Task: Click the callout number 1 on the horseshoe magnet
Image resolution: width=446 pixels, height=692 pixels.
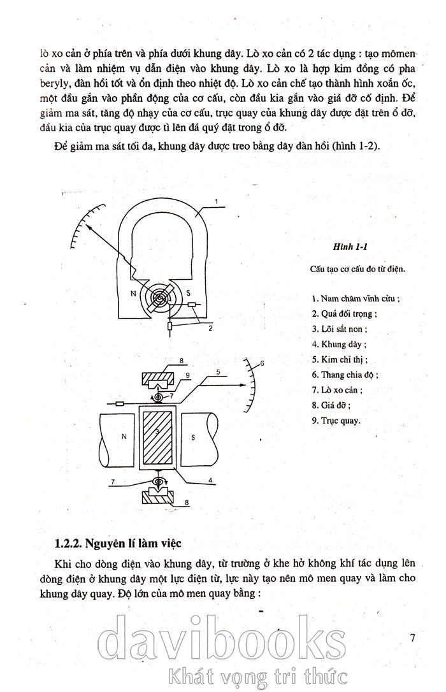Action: pos(217,202)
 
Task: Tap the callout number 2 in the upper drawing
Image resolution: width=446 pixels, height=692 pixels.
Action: pos(210,329)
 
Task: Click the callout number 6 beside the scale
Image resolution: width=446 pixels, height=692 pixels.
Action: pos(261,363)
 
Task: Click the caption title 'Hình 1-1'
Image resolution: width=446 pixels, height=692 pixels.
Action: pos(347,247)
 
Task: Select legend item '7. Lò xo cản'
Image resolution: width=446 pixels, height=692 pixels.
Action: pos(339,390)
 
